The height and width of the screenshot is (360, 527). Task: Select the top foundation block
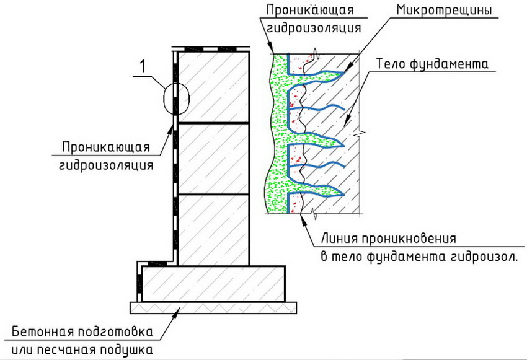pos(213,87)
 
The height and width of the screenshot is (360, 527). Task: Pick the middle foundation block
pos(213,159)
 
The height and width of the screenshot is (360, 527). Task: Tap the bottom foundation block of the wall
pos(213,230)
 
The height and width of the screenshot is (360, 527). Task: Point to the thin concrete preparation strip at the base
pos(214,307)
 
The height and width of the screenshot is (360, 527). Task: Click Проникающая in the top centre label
pos(309,11)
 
